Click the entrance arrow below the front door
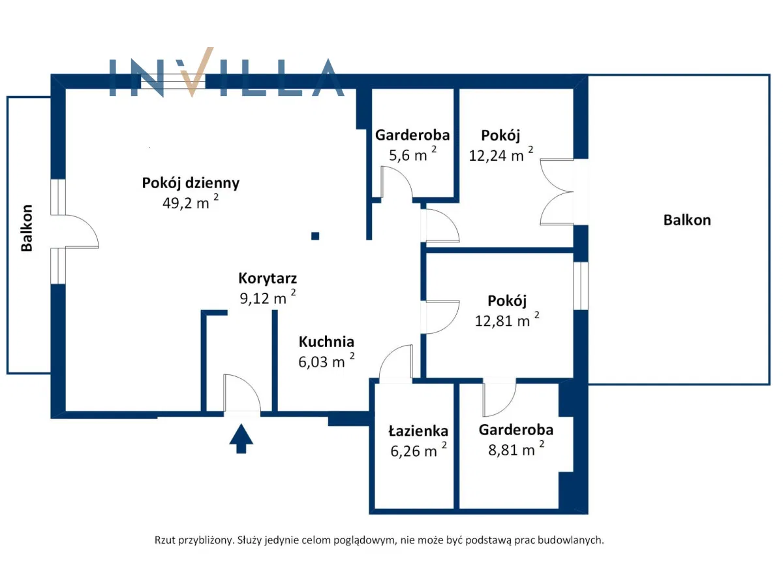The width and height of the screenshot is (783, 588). pyautogui.click(x=241, y=438)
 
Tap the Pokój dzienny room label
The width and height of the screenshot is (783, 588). pyautogui.click(x=191, y=183)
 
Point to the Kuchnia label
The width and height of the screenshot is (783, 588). pyautogui.click(x=326, y=342)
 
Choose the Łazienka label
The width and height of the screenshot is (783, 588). pyautogui.click(x=418, y=431)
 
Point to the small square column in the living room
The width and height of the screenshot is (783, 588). pyautogui.click(x=315, y=236)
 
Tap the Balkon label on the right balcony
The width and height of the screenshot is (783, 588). pyautogui.click(x=687, y=220)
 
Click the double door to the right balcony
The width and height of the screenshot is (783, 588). pyautogui.click(x=557, y=192)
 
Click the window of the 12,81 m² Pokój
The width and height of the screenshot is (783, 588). pyautogui.click(x=581, y=286)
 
